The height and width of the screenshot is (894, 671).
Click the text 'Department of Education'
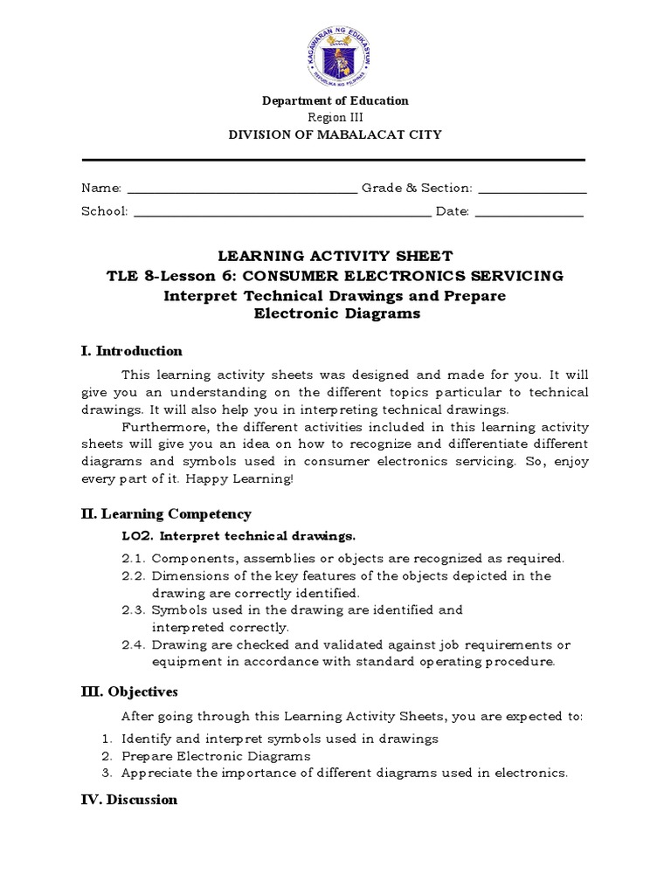[x=335, y=101]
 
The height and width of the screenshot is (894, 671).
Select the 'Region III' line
[x=335, y=118]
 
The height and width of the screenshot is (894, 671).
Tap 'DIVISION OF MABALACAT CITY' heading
[x=335, y=134]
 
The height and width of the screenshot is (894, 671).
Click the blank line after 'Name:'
[x=242, y=189]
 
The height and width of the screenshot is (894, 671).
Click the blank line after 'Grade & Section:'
[x=532, y=189]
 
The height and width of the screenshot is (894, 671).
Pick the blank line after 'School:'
[x=282, y=212]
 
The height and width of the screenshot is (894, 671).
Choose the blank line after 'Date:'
[x=529, y=212]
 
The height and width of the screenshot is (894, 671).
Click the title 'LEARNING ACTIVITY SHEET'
[x=335, y=256]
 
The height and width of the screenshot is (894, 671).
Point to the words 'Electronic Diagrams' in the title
[x=336, y=314]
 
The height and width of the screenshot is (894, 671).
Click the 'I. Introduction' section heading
[x=131, y=351]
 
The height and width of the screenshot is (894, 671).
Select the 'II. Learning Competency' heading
[x=166, y=514]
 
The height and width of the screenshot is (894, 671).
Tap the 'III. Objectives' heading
[x=129, y=692]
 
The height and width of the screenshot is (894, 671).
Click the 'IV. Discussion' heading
[x=129, y=800]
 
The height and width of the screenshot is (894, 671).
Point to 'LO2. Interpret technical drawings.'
[x=239, y=535]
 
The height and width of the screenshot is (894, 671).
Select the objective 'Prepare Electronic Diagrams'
[x=216, y=756]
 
